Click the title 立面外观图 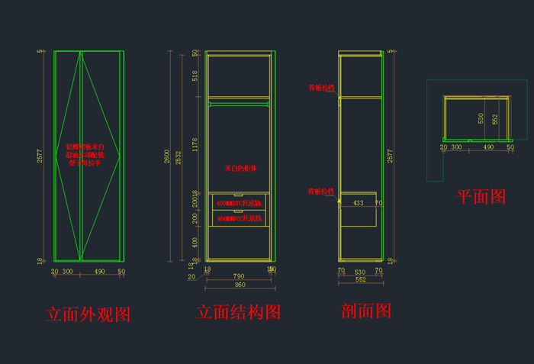(88, 314)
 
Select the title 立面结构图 (239, 313)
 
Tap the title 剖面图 (366, 311)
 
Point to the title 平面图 (481, 196)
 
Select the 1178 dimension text (195, 145)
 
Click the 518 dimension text (195, 76)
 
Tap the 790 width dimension (239, 276)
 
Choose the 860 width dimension (239, 285)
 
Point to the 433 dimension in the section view (358, 204)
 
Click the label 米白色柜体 (240, 168)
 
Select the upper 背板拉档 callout (321, 88)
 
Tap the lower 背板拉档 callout (321, 191)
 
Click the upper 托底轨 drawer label (240, 204)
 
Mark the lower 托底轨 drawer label (240, 218)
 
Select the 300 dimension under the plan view (456, 147)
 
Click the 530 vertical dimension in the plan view (481, 118)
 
